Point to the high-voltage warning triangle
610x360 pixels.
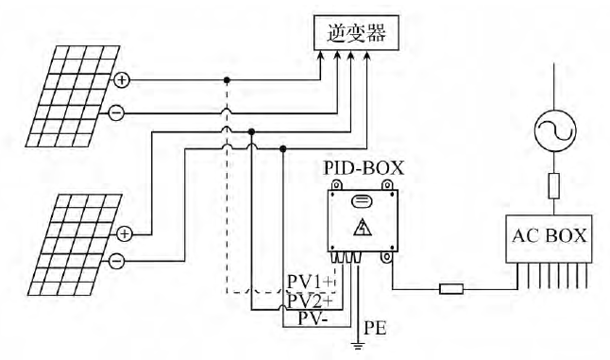361,229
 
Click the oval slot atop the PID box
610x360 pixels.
361,201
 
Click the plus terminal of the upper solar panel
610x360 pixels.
122,80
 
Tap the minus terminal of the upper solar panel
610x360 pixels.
115,113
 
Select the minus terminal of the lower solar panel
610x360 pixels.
115,258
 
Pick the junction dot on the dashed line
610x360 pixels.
226,80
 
